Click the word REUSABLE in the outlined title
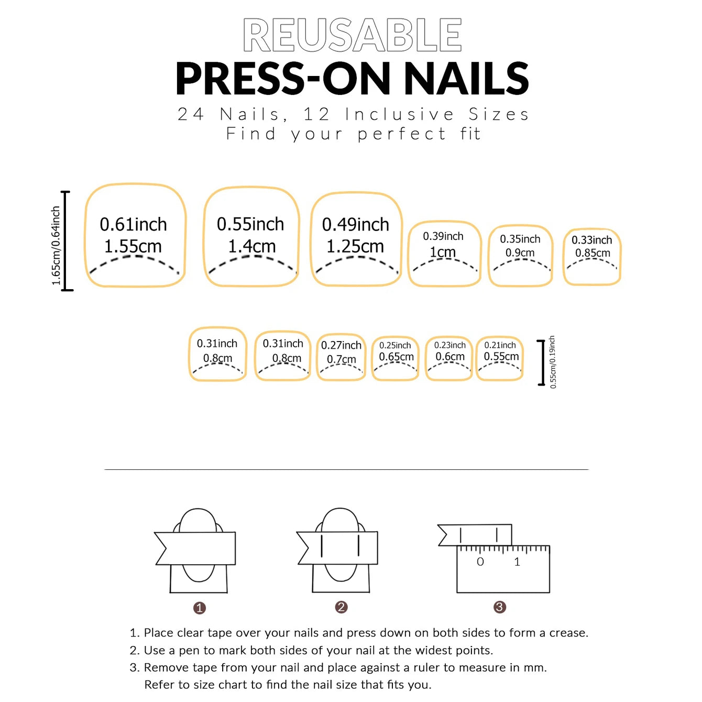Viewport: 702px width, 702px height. [352, 35]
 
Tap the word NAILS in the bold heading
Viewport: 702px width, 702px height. [466, 79]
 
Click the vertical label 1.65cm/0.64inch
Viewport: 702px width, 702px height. [56, 246]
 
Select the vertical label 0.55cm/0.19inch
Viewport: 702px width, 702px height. [553, 362]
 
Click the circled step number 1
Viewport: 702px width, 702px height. [199, 608]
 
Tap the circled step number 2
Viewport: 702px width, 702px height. [341, 607]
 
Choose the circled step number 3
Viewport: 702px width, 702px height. [499, 607]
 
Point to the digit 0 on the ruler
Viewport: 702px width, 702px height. [480, 562]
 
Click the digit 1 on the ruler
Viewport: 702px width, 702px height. [517, 562]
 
